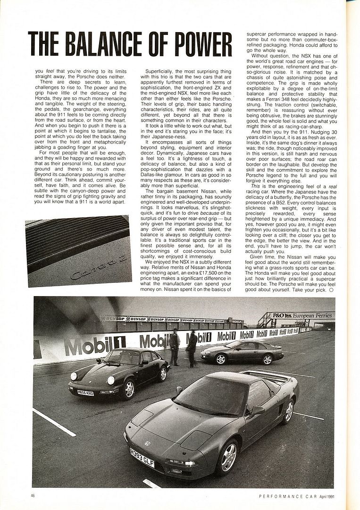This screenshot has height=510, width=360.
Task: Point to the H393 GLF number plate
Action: (x=142, y=464)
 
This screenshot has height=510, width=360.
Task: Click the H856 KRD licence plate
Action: (x=85, y=392)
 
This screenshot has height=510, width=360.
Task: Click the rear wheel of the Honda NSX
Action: (x=288, y=411)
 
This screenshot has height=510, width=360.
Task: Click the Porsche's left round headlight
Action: (x=74, y=376)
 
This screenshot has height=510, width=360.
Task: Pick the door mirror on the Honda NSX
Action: (x=258, y=410)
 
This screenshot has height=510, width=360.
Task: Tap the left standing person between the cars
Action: (x=175, y=347)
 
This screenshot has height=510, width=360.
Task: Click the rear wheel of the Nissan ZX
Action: (x=268, y=360)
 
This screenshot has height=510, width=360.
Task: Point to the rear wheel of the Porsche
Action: (x=162, y=374)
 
